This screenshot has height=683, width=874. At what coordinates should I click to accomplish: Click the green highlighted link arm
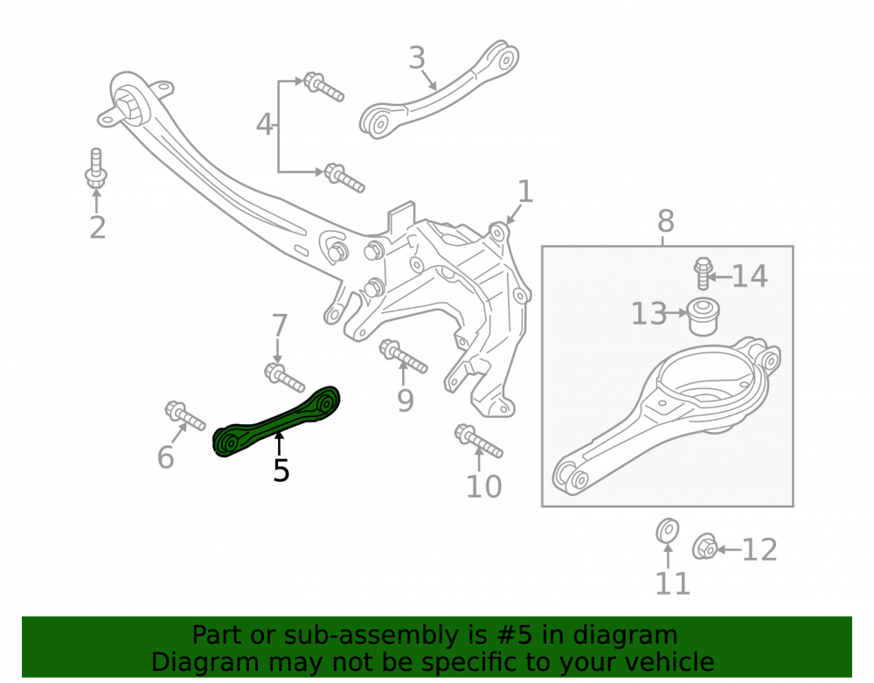click(277, 422)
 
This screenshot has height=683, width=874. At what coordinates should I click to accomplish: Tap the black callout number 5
click(281, 470)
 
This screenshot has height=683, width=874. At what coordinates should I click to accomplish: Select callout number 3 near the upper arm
click(417, 58)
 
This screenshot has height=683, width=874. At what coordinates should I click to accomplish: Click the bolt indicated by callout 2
click(96, 169)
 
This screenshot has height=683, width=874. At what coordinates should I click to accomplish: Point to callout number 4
click(264, 124)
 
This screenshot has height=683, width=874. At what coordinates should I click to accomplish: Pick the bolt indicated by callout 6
click(185, 416)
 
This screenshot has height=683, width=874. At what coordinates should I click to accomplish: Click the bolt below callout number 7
click(284, 378)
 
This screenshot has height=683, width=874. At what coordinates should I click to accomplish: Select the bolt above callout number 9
click(404, 356)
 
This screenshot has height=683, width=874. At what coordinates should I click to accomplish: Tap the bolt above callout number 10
click(479, 441)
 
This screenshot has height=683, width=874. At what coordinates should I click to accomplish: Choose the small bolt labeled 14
click(704, 273)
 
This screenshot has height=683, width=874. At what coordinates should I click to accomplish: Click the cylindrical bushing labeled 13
click(704, 317)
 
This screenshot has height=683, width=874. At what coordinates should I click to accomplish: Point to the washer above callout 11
click(667, 530)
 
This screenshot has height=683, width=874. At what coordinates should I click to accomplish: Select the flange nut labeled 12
click(705, 547)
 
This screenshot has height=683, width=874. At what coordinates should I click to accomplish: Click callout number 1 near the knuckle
click(525, 192)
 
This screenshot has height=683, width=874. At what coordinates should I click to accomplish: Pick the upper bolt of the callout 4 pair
click(323, 87)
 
